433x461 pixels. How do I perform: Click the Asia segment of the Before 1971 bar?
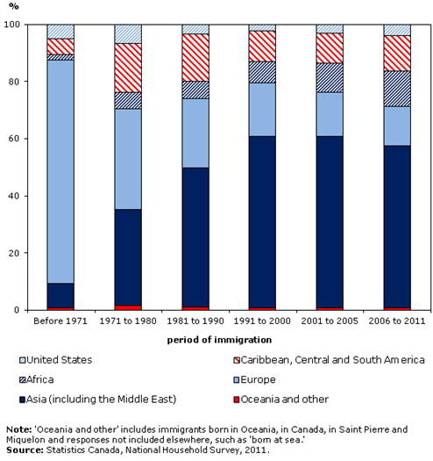(60, 295)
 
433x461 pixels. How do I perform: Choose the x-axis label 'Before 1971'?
(60, 321)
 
